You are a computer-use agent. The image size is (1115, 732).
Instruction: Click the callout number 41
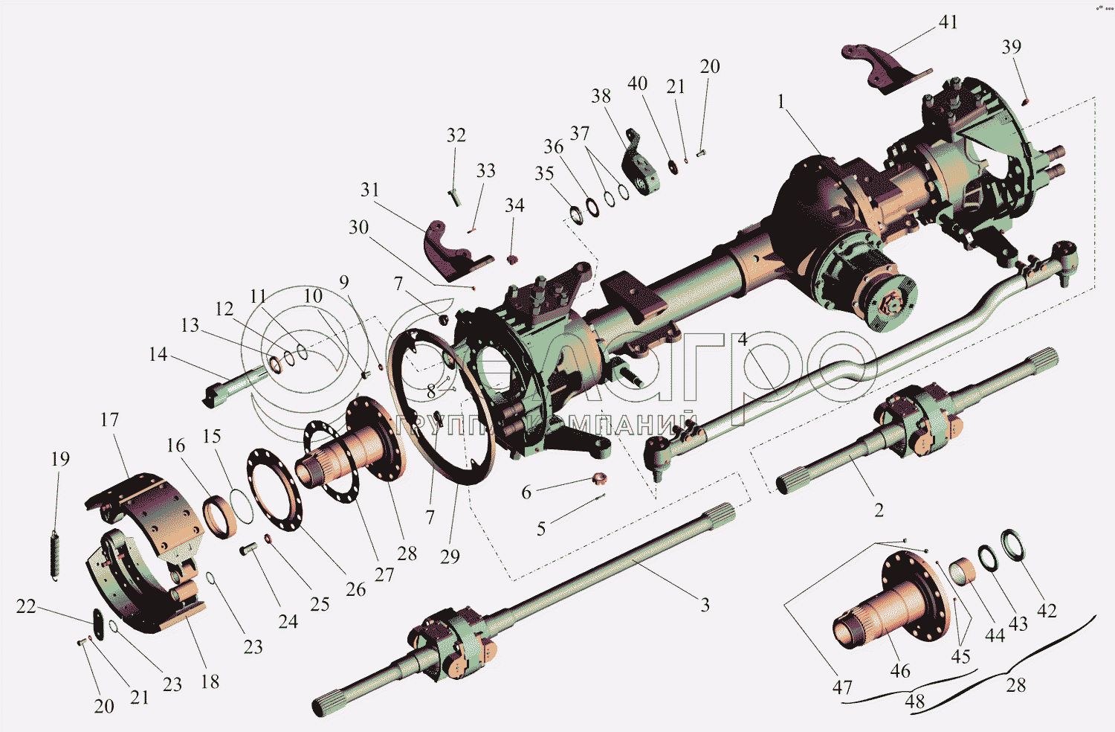(948, 22)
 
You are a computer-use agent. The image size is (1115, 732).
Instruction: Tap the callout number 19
(60, 459)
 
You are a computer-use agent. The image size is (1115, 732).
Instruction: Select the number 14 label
(158, 354)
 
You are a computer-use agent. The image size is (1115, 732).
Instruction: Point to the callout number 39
(1011, 47)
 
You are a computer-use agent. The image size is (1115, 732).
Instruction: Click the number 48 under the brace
(914, 701)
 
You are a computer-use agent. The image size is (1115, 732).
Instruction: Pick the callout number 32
(456, 135)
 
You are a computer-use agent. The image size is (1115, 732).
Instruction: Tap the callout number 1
(781, 101)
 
